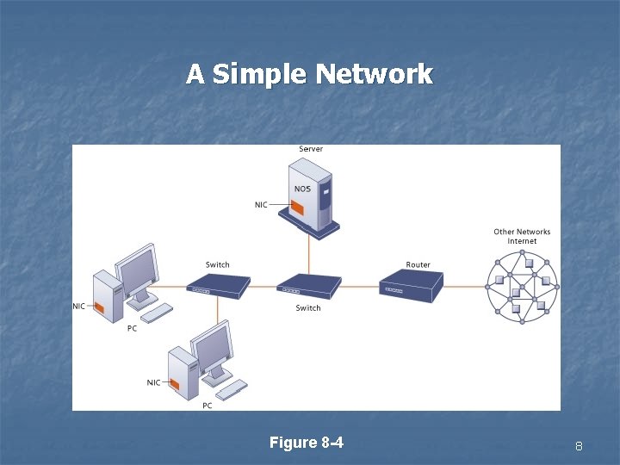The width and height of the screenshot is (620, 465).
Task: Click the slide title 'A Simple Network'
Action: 309,75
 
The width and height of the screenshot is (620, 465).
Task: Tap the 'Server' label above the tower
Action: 311,149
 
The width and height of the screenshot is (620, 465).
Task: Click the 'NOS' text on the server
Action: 302,189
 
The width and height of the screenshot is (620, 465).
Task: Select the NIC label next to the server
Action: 261,204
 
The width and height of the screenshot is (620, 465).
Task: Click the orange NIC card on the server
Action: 298,208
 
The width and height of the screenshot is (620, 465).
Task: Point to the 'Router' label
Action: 418,264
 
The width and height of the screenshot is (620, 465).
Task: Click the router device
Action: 412,283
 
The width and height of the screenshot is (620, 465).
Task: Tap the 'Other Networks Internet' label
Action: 522,236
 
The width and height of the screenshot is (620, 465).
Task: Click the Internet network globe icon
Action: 522,285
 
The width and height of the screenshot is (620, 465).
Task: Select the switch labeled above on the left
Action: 218,285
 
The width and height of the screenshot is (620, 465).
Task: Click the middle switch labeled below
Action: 308,285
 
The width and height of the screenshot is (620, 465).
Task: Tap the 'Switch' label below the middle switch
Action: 308,307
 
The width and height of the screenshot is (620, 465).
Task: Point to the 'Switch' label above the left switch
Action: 218,264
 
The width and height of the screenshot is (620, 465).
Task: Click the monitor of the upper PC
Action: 137,270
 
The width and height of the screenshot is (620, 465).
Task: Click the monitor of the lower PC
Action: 213,346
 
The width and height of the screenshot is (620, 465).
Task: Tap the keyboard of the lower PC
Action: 231,389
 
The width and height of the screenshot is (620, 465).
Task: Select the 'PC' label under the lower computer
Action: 208,405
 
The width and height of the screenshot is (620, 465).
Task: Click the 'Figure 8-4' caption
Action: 307,443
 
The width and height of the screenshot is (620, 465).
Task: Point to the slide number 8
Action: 579,446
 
